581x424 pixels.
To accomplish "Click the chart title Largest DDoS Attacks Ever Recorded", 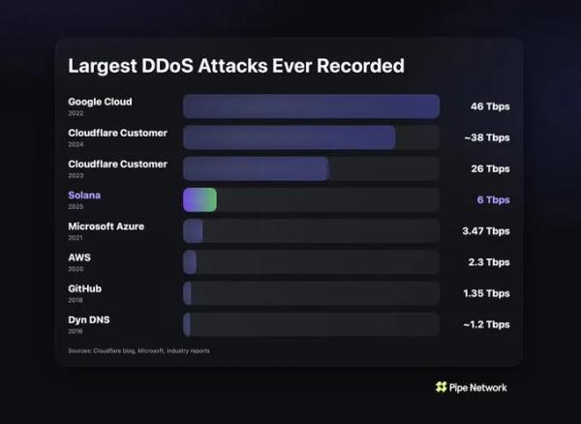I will tap(235, 66).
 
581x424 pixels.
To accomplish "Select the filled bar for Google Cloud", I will tap(311, 106).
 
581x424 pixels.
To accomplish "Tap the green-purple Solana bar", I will tap(199, 199).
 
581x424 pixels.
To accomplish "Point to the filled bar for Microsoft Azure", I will tap(193, 230).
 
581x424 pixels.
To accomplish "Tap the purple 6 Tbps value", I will tap(493, 199).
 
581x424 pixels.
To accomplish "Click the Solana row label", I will tap(84, 196).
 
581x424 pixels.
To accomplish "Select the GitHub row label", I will tap(85, 288).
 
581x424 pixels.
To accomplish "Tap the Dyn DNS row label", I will tap(88, 319).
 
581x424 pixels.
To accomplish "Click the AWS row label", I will tap(79, 257).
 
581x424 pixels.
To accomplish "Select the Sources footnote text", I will tap(138, 350).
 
